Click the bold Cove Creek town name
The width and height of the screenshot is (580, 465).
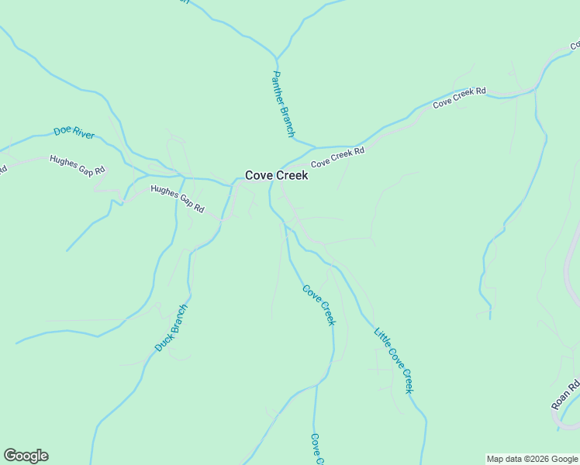[277, 175]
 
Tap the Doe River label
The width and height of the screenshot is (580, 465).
[74, 133]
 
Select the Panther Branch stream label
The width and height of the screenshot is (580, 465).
[283, 105]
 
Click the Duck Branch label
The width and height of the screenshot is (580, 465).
[171, 328]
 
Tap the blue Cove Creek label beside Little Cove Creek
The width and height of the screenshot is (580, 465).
[319, 305]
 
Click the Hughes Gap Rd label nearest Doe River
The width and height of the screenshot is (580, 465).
[77, 165]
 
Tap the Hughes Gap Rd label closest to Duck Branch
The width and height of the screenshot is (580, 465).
[177, 199]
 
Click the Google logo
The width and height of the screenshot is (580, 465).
[26, 456]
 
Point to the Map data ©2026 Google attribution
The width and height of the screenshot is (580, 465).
[532, 459]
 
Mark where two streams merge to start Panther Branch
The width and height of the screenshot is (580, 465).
[276, 57]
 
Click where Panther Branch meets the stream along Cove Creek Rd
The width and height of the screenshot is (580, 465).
[315, 146]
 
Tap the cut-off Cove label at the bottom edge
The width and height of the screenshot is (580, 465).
[316, 449]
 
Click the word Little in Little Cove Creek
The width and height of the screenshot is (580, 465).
[381, 338]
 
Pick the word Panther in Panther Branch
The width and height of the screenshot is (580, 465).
[278, 89]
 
